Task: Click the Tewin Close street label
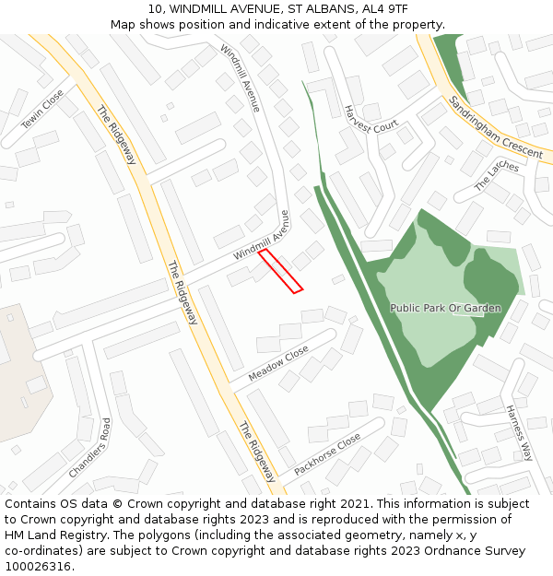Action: click(x=42, y=110)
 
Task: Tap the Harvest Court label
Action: click(x=370, y=119)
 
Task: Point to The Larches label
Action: click(x=496, y=174)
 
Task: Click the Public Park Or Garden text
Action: click(x=445, y=308)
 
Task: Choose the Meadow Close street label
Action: click(x=278, y=364)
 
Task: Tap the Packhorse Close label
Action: click(x=327, y=454)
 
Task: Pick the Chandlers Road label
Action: click(x=89, y=448)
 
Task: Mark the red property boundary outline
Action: click(x=280, y=271)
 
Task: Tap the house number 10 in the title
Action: click(x=155, y=9)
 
